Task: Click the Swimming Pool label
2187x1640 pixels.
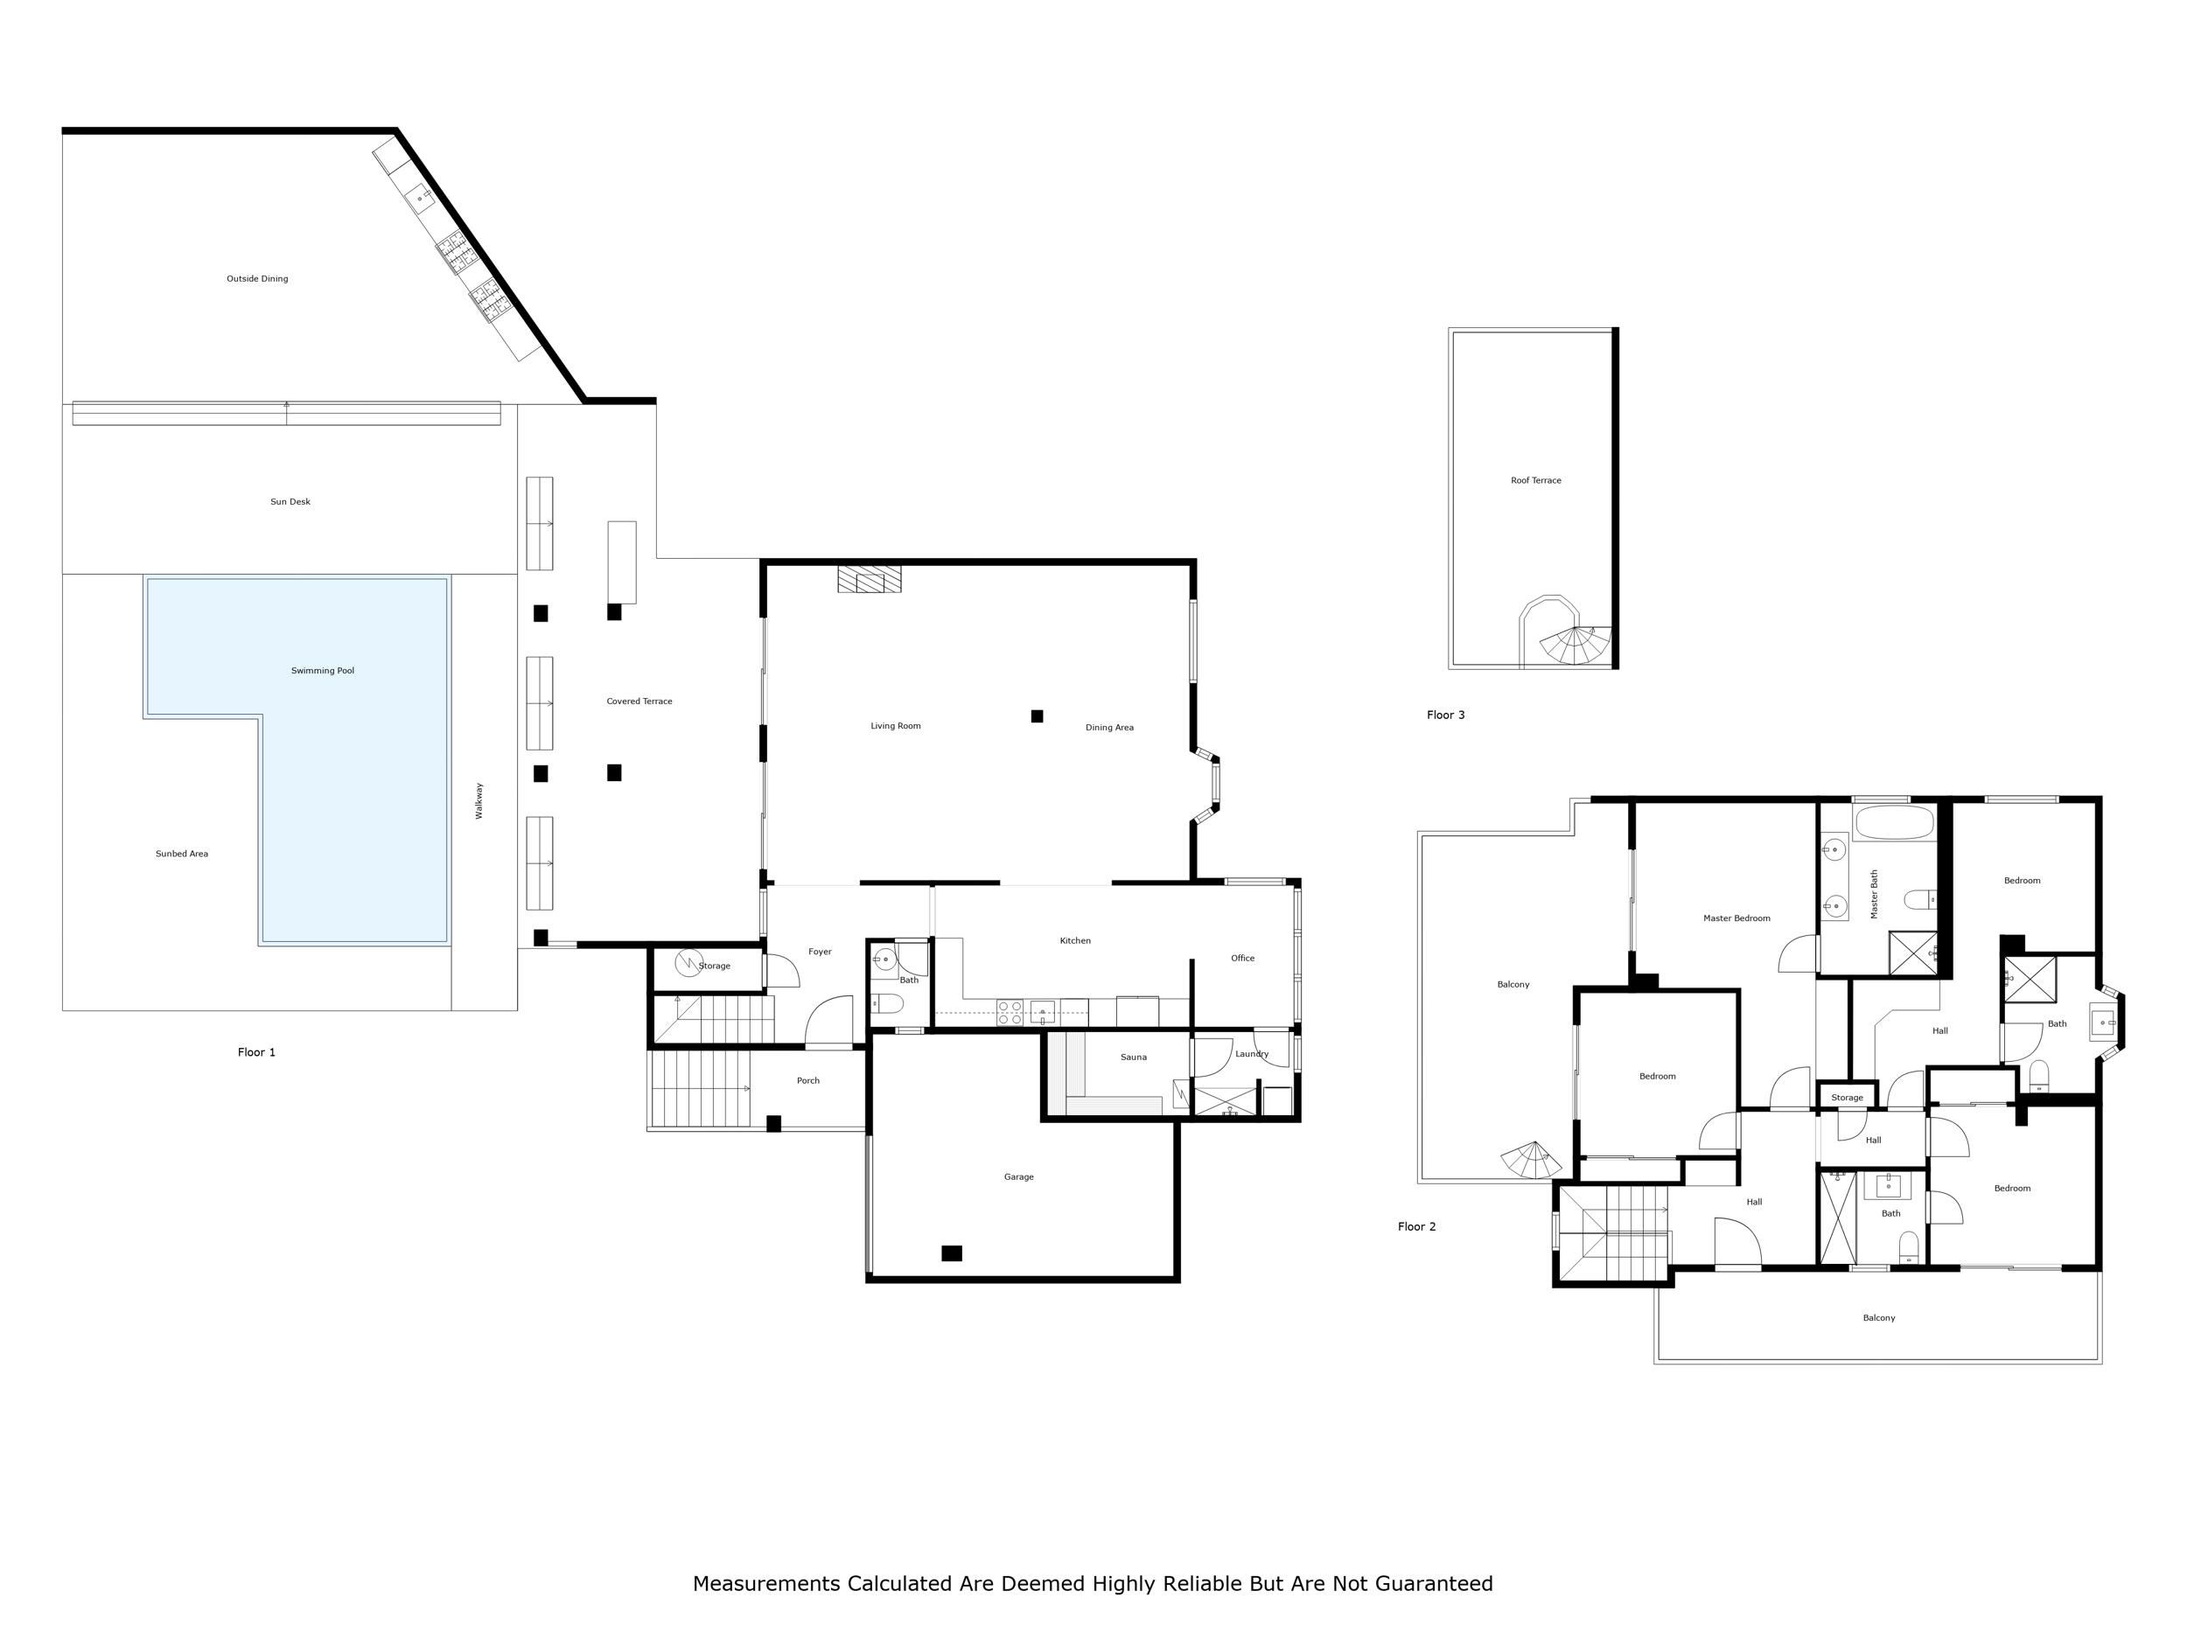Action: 322,671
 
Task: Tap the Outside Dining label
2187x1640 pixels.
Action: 257,279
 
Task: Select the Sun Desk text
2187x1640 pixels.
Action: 290,502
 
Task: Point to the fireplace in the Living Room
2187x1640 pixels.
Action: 869,579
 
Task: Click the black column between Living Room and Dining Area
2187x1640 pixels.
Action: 1038,715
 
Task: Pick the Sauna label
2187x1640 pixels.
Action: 1133,1057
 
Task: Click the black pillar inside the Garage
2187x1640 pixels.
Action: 951,1253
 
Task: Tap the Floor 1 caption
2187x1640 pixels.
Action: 257,1052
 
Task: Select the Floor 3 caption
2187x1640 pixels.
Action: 1445,715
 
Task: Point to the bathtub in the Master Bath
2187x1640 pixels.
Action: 1893,822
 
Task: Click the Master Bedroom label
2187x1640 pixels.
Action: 1736,918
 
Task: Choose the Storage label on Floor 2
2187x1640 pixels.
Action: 1847,1098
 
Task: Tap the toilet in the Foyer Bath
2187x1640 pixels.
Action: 887,1003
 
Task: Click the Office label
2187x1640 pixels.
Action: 1243,958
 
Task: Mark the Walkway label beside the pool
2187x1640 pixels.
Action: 479,800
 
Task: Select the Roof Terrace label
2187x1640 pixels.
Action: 1536,480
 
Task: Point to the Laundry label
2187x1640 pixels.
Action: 1252,1054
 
